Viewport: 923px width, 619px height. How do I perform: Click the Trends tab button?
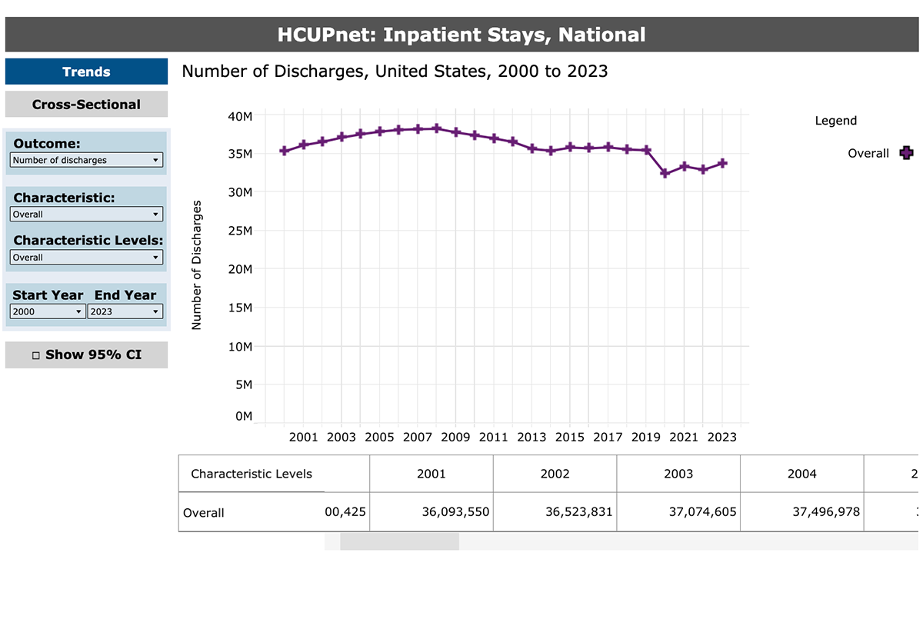(x=86, y=72)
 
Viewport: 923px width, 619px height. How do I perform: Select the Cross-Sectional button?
(x=86, y=105)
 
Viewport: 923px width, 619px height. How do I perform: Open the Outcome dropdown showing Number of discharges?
(x=86, y=160)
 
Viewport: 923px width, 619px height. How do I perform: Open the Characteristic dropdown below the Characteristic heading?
(x=86, y=215)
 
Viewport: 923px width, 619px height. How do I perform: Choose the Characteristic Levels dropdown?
(x=86, y=258)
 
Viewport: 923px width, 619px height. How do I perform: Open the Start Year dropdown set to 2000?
(x=48, y=311)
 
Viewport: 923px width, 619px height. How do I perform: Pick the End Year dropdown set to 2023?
(x=125, y=311)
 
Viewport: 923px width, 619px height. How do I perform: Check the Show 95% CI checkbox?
(x=36, y=355)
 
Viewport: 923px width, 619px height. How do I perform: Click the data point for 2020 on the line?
(x=665, y=174)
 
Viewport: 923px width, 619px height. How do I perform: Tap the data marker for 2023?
(x=722, y=163)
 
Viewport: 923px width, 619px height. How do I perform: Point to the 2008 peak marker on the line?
(x=437, y=128)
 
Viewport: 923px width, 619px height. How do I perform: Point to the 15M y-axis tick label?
(x=242, y=308)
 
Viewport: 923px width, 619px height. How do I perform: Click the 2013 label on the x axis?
(x=531, y=438)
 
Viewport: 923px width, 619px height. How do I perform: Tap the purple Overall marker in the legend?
(x=906, y=153)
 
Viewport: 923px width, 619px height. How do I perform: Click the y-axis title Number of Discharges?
(x=197, y=265)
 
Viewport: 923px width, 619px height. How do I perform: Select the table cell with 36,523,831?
(x=555, y=511)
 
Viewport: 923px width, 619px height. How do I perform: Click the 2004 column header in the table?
(x=801, y=474)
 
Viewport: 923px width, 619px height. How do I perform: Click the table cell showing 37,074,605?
(x=678, y=511)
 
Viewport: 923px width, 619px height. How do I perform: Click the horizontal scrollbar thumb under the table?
(x=399, y=541)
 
